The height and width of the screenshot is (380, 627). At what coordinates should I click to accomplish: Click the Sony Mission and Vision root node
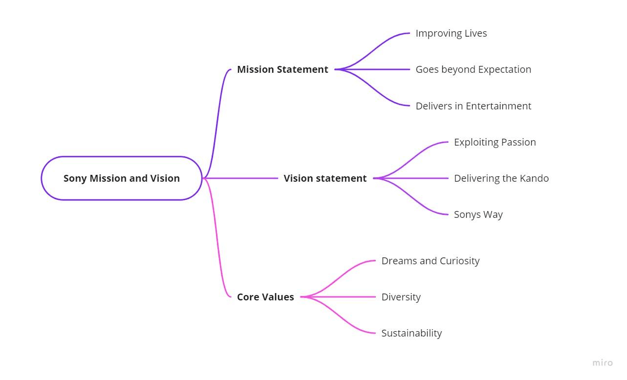pyautogui.click(x=121, y=178)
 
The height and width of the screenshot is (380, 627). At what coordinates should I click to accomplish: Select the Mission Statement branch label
pyautogui.click(x=282, y=69)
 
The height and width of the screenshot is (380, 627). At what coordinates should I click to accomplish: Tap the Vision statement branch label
pyautogui.click(x=325, y=178)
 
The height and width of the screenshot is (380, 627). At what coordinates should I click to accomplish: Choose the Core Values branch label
pyautogui.click(x=265, y=297)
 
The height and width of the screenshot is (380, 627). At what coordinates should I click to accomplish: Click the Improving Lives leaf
pyautogui.click(x=451, y=33)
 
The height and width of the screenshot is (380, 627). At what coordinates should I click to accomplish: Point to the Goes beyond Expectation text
pyautogui.click(x=473, y=69)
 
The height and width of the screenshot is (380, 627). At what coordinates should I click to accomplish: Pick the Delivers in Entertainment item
pyautogui.click(x=473, y=106)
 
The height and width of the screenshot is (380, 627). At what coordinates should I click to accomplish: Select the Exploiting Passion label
pyautogui.click(x=495, y=142)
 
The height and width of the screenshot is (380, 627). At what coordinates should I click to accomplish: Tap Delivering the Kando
pyautogui.click(x=501, y=178)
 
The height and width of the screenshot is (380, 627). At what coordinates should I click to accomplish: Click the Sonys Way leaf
pyautogui.click(x=478, y=214)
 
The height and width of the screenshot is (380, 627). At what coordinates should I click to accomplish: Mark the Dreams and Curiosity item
pyautogui.click(x=430, y=261)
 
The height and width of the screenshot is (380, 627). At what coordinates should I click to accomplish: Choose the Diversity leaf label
pyautogui.click(x=401, y=297)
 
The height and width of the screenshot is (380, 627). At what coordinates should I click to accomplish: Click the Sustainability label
pyautogui.click(x=411, y=333)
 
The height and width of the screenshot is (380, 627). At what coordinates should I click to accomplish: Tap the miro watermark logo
pyautogui.click(x=603, y=362)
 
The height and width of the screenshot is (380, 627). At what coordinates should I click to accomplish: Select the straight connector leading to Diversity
pyautogui.click(x=342, y=297)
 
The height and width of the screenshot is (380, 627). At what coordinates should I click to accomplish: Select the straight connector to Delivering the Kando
pyautogui.click(x=413, y=178)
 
